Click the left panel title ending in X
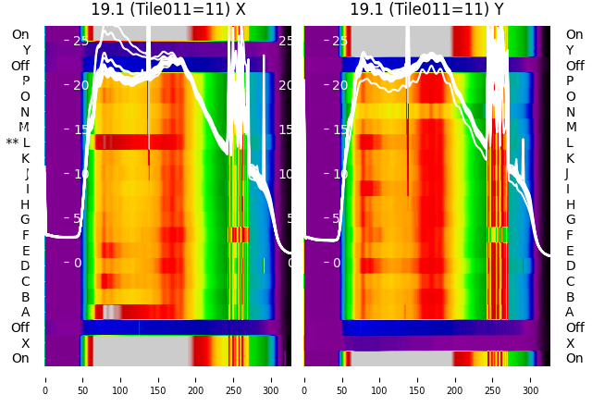coord(167,9)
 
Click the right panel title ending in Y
coord(426,9)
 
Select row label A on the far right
coord(570,312)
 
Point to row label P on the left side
coord(26,81)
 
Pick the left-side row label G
coord(25,219)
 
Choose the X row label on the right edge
coord(570,343)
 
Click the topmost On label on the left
coord(20,34)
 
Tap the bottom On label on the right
coord(574,358)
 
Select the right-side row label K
coord(570,158)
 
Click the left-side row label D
coord(25,265)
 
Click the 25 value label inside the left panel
coord(80,41)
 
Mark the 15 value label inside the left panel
coord(80,129)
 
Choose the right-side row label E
coord(570,251)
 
